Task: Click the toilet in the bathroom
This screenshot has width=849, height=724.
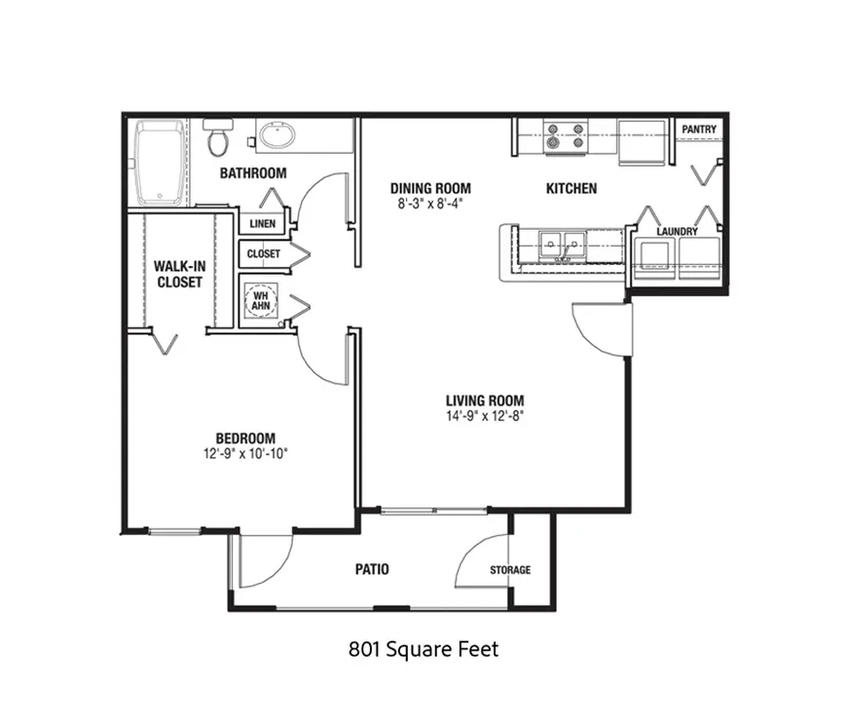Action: (218, 137)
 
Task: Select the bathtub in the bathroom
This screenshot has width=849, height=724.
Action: (160, 163)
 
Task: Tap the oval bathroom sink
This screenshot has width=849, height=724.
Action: (277, 135)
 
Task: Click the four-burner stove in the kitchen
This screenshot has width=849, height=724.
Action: (566, 136)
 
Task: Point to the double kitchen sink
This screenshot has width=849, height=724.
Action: (562, 246)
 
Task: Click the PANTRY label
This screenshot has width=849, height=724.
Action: (699, 130)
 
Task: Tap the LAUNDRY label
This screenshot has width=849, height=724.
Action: (677, 231)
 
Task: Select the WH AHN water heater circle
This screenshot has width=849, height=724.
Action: (260, 301)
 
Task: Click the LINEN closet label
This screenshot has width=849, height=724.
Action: (263, 223)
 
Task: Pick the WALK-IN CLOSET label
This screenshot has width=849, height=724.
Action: (179, 274)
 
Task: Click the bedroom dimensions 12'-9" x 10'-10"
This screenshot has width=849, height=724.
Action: (245, 453)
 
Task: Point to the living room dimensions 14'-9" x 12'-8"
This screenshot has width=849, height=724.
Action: (485, 416)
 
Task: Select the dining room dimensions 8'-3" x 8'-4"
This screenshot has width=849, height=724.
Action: (430, 204)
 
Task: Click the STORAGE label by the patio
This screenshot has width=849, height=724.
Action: (510, 570)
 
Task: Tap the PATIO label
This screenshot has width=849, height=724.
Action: (372, 569)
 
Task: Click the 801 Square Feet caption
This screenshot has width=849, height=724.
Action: (424, 649)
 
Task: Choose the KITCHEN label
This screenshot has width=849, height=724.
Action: (572, 189)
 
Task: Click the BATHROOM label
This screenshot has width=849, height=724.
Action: (253, 173)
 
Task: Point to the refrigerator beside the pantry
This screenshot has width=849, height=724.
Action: (643, 142)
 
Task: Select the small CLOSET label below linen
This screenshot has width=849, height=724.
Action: (264, 253)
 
